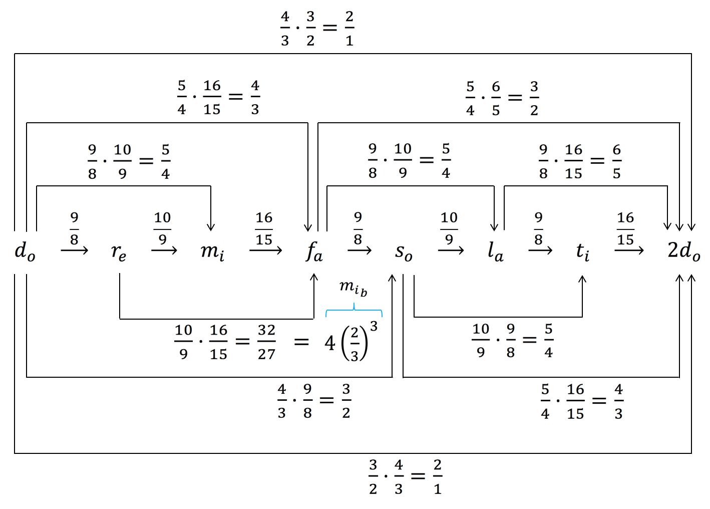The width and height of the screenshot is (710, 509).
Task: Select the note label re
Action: coord(119,252)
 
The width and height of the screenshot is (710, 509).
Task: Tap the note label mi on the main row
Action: coord(212,251)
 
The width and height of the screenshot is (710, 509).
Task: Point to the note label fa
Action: coord(314,251)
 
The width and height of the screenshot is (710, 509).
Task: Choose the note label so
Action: coord(404,252)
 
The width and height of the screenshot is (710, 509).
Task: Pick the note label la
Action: coord(495,251)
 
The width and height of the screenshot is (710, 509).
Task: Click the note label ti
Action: coord(582,251)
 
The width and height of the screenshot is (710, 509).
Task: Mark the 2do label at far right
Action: coord(683,251)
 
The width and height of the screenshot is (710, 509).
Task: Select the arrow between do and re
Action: coord(74,250)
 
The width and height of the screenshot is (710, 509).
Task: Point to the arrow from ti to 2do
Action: coord(629,250)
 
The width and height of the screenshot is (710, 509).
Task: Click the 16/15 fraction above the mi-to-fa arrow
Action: coord(264,228)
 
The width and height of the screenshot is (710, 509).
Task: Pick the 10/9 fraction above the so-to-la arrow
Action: coord(449,228)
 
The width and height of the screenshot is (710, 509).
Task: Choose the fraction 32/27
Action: coord(266,342)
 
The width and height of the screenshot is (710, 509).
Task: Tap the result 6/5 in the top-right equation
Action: coord(616,161)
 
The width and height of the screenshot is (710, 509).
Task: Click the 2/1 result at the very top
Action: coord(349,29)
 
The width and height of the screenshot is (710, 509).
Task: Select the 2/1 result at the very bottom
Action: coord(438,477)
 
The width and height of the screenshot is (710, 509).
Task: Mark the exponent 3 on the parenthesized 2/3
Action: coord(374,327)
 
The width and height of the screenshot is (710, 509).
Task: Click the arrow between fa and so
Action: coord(360,250)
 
